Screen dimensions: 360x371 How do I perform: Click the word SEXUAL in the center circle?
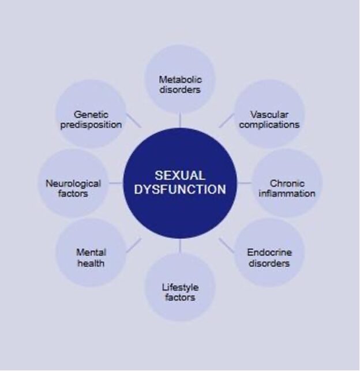pyautogui.click(x=180, y=175)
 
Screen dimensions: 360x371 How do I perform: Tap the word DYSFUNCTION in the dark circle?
pyautogui.click(x=180, y=189)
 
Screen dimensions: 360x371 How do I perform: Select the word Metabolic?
pyautogui.click(x=180, y=80)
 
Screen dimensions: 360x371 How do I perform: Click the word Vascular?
pyautogui.click(x=269, y=115)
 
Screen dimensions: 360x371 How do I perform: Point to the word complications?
pyautogui.click(x=269, y=125)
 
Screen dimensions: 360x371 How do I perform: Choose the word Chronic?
pyautogui.click(x=287, y=183)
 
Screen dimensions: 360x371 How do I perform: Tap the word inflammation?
pyautogui.click(x=287, y=193)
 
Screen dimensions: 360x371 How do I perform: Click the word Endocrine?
pyautogui.click(x=269, y=253)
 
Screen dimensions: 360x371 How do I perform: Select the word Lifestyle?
pyautogui.click(x=180, y=288)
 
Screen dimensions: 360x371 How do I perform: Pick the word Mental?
pyautogui.click(x=91, y=253)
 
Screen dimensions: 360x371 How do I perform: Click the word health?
pyautogui.click(x=91, y=263)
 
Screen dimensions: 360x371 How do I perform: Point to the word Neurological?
pyautogui.click(x=73, y=184)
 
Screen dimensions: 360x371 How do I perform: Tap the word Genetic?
pyautogui.click(x=91, y=115)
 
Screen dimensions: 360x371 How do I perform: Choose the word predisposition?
pyautogui.click(x=91, y=125)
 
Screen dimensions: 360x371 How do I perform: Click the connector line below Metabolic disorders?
pyautogui.click(x=180, y=120)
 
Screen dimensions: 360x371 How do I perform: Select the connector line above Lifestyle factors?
pyautogui.click(x=180, y=246)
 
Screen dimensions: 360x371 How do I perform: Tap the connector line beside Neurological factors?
pyautogui.click(x=116, y=183)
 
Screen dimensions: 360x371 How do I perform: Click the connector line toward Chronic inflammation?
pyautogui.click(x=245, y=183)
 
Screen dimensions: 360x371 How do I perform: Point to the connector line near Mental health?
pyautogui.click(x=134, y=245)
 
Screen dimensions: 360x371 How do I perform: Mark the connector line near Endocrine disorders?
pyautogui.click(x=227, y=245)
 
